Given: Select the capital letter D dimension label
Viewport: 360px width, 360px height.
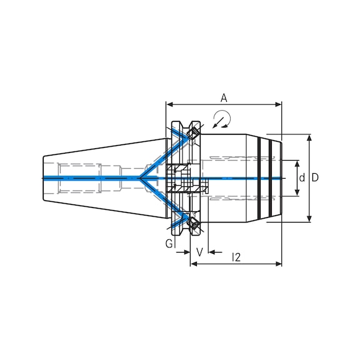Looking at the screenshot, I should tap(316, 178).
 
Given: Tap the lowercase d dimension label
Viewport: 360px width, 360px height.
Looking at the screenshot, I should tap(302, 178).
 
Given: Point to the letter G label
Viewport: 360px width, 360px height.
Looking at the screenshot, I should tap(169, 244).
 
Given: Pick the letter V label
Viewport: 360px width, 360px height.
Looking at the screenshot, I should tap(199, 252).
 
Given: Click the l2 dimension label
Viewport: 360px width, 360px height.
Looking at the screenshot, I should tap(236, 256).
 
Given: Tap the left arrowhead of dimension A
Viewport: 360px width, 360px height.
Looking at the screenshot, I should tap(169, 104).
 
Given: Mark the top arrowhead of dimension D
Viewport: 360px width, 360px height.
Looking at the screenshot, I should tap(309, 138).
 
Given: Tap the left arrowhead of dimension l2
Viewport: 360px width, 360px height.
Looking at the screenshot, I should tap(193, 264).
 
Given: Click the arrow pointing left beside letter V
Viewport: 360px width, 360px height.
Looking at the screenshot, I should tap(212, 252).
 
